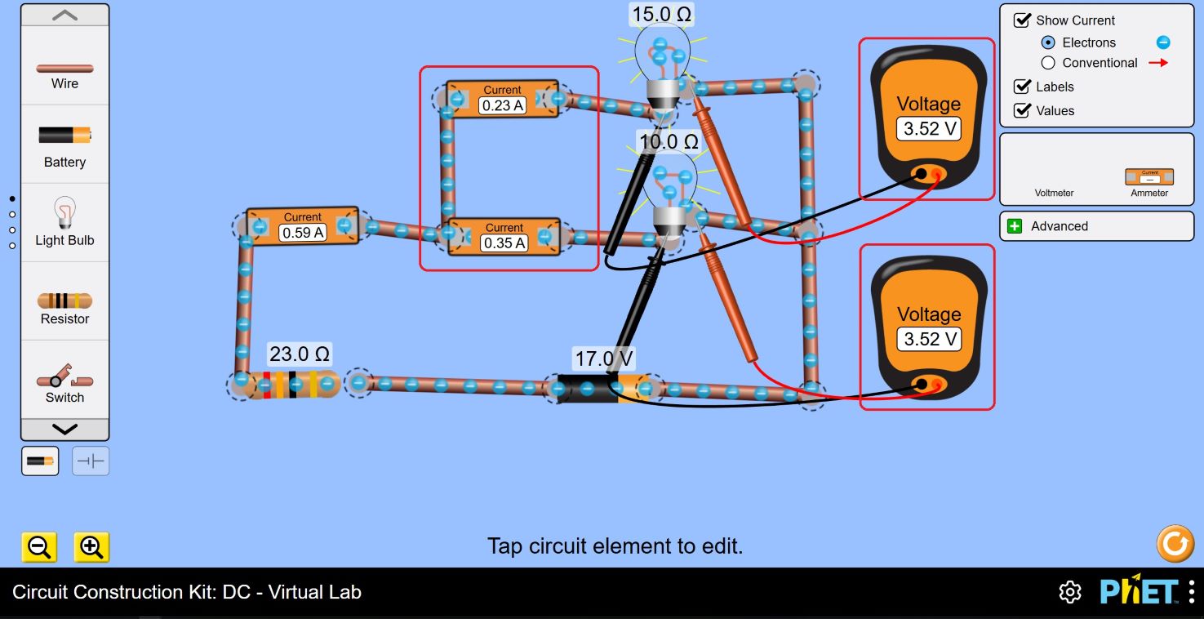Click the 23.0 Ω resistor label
tap(300, 354)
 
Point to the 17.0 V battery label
tap(604, 358)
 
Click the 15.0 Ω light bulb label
tap(662, 14)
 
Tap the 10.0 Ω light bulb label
tap(669, 141)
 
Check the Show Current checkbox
tap(1022, 20)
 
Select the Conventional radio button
tap(1048, 63)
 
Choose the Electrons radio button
tap(1048, 42)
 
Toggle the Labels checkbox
tap(1022, 87)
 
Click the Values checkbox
tap(1022, 110)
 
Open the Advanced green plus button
tap(1015, 226)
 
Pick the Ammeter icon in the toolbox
tap(1149, 176)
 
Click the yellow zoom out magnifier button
tap(39, 547)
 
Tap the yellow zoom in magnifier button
tap(91, 547)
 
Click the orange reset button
tap(1175, 544)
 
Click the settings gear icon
tap(1069, 592)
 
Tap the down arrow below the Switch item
tap(64, 430)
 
